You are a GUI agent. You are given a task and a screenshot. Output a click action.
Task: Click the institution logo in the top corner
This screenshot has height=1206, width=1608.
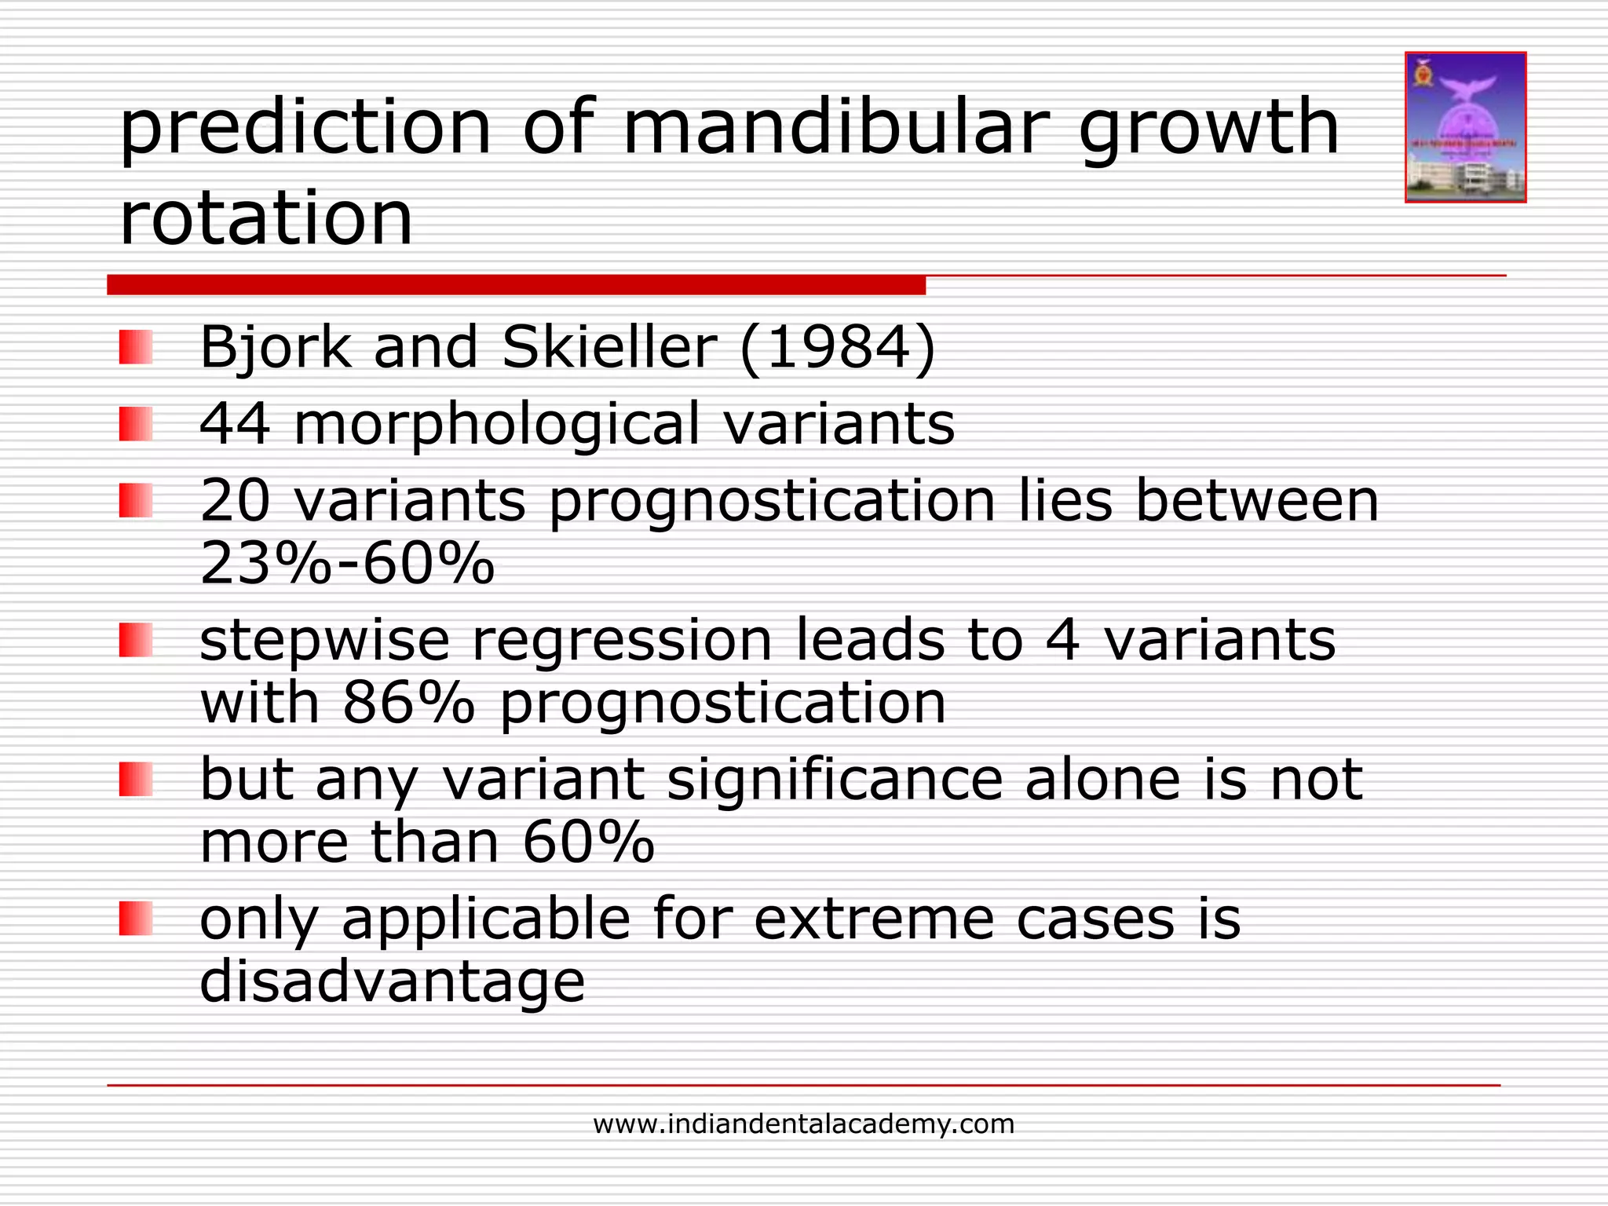pos(1465,127)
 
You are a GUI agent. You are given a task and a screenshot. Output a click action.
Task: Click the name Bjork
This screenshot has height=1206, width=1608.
pos(275,348)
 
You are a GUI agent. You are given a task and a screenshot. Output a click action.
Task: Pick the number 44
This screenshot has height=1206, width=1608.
pos(236,423)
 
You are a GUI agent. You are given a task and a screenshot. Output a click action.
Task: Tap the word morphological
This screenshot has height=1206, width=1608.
pos(496,425)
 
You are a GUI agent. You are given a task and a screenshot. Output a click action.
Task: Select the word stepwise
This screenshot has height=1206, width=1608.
pos(325,641)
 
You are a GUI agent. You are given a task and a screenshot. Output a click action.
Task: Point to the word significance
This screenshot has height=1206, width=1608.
pos(835,780)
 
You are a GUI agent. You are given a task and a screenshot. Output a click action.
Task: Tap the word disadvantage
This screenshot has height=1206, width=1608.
pos(393,981)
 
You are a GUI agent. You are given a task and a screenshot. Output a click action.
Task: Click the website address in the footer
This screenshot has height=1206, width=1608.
pos(803,1124)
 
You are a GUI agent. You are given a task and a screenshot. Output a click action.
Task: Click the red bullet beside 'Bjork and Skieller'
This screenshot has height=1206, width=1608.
pos(135,347)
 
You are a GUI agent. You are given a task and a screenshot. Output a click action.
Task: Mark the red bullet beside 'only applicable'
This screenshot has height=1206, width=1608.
pos(135,919)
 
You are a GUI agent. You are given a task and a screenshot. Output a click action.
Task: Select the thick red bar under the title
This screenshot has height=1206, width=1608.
pos(516,285)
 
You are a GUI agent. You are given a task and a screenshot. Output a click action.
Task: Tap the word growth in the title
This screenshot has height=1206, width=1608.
pos(1209,127)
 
